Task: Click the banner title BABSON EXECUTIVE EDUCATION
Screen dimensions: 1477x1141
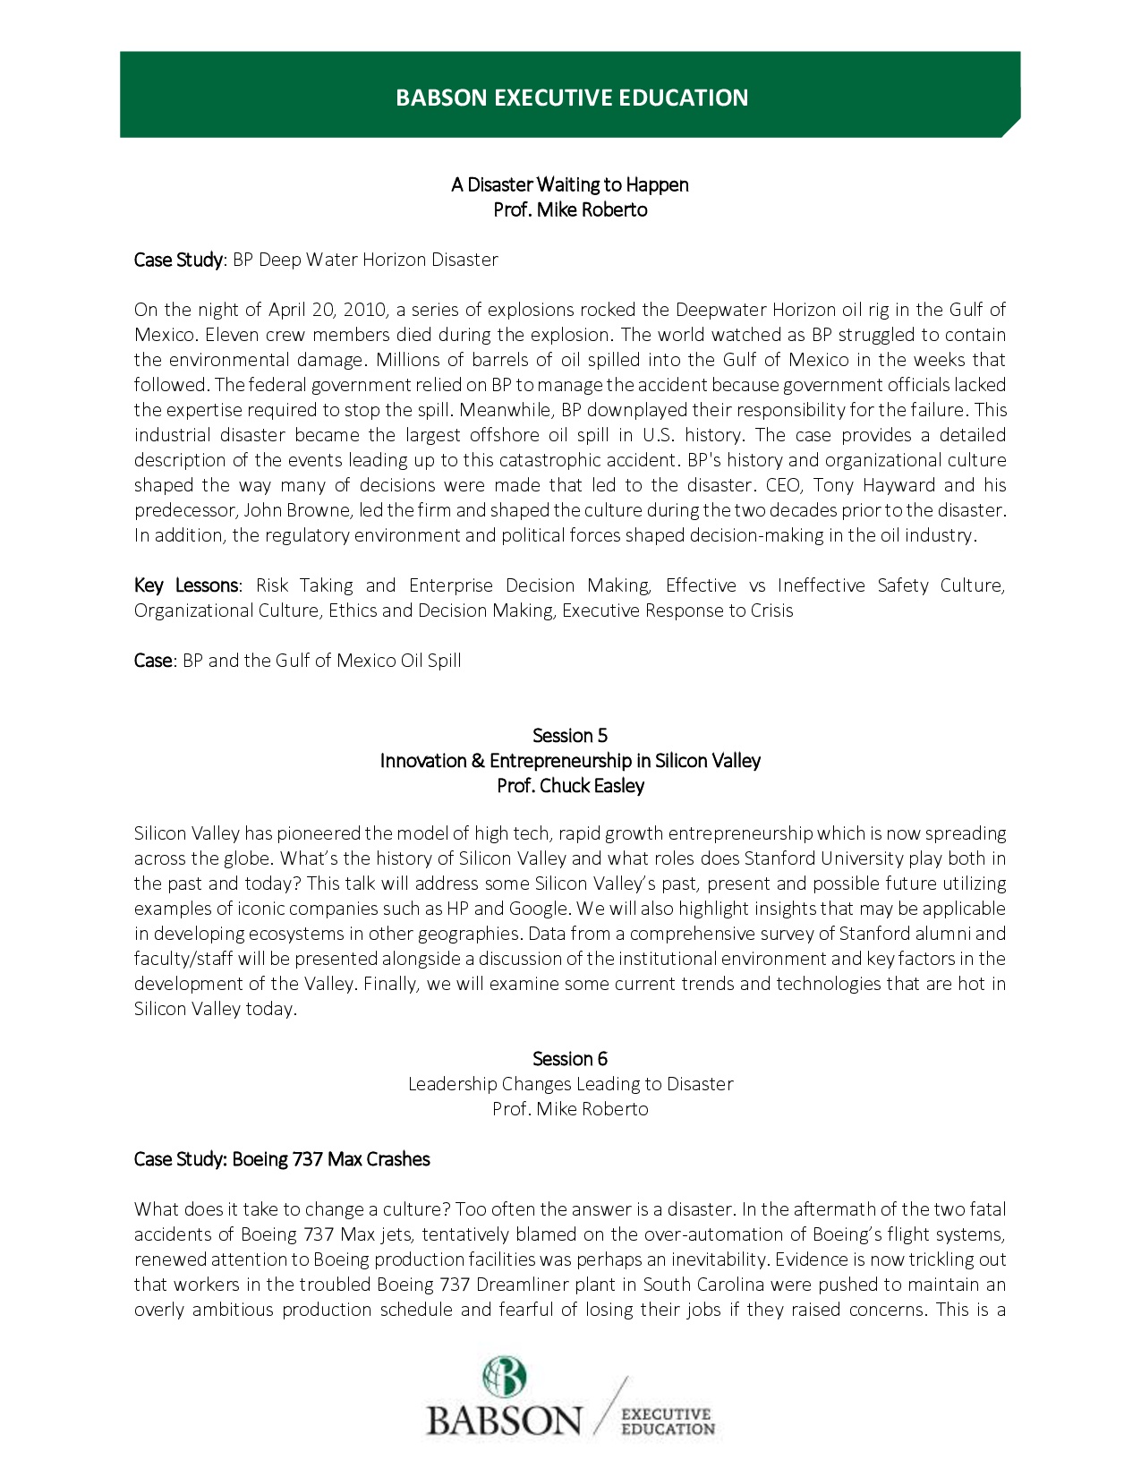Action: coord(572,98)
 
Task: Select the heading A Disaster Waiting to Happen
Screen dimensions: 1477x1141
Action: coord(570,184)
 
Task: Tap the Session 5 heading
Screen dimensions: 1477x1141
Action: coord(570,736)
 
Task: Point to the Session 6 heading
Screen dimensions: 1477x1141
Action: coord(570,1059)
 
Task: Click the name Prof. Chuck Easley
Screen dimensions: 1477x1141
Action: coord(570,786)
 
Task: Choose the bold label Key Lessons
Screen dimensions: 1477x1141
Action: coord(186,585)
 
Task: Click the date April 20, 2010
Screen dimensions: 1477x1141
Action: coord(328,310)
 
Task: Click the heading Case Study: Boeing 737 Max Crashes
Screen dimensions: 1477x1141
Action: coord(282,1159)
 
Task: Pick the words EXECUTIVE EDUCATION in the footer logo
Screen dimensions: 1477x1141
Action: coord(668,1422)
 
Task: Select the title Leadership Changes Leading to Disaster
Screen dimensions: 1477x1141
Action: coord(570,1084)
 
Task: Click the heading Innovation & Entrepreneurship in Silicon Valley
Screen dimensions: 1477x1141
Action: coord(570,761)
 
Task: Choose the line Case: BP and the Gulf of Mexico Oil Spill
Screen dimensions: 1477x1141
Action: coord(298,661)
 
